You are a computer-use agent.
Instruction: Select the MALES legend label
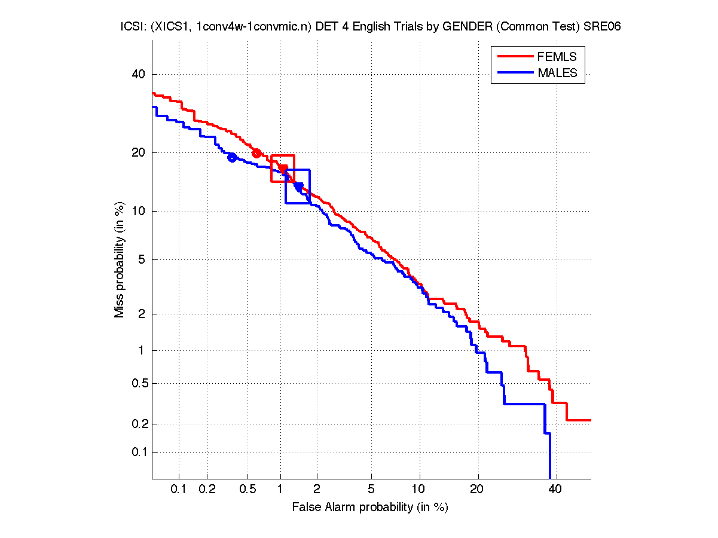coord(557,73)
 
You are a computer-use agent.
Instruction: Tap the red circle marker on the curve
coord(256,153)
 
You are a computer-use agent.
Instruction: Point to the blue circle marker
coord(232,158)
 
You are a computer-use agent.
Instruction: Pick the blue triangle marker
coord(298,187)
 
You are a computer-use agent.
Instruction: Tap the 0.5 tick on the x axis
coord(247,490)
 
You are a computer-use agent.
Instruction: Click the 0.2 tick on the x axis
coord(207,490)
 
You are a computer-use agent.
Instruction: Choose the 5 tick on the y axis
coord(142,260)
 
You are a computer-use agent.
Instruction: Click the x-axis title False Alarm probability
coord(369,508)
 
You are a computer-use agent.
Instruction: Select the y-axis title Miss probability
coord(120,259)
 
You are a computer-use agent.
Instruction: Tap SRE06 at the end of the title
coord(604,27)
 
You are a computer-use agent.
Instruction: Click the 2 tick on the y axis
coord(142,314)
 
